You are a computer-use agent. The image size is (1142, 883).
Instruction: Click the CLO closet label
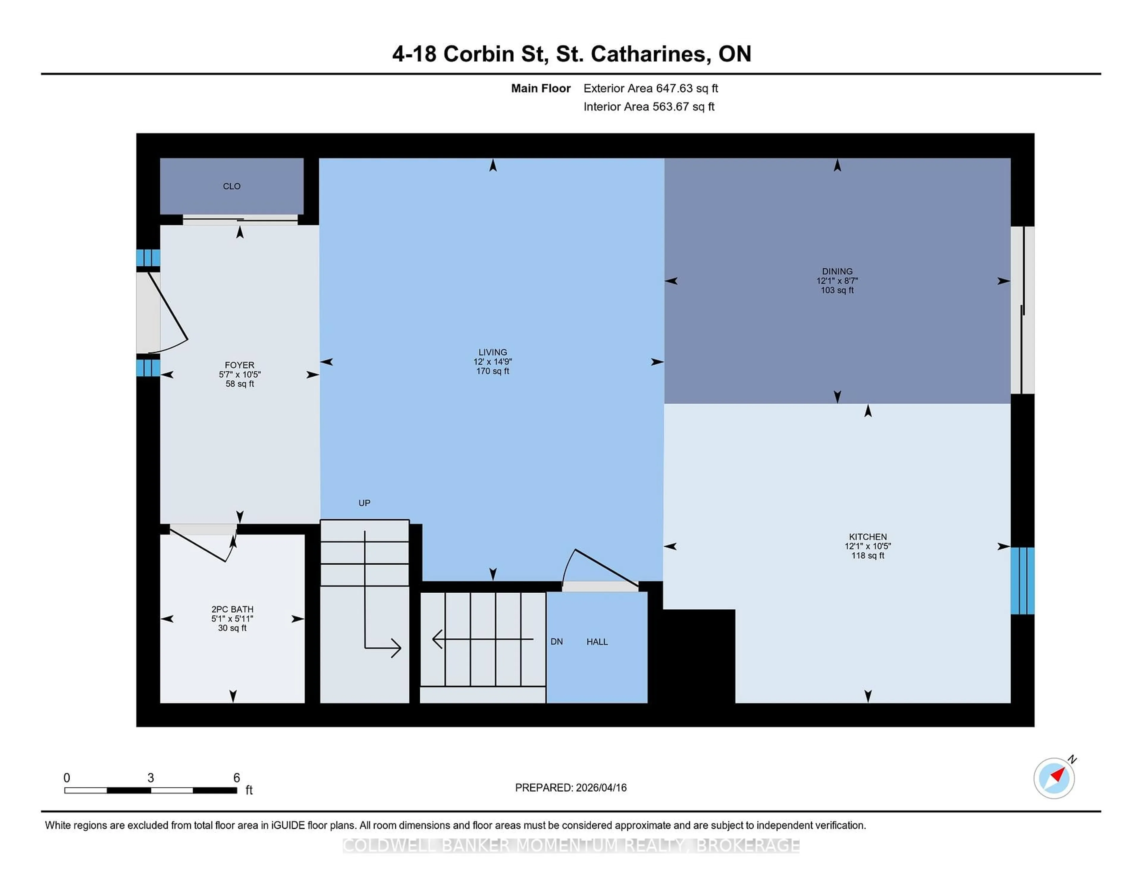[232, 186]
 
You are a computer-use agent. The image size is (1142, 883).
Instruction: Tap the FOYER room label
[239, 365]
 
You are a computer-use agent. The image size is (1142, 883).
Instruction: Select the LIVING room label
[492, 352]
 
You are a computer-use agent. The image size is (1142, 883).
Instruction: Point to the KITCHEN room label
[868, 537]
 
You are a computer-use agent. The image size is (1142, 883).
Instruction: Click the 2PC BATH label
[232, 609]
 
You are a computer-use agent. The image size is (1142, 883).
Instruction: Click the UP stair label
[364, 503]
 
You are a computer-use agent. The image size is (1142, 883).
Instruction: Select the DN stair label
[556, 642]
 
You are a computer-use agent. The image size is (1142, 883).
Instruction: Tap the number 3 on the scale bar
[150, 778]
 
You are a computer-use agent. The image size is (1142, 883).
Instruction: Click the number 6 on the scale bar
[236, 778]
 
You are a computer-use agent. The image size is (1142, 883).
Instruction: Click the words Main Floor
[541, 88]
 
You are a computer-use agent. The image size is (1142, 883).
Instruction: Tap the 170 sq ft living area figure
[492, 371]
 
